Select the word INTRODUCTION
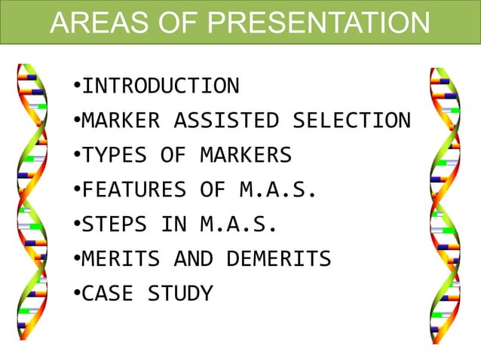tap(160, 86)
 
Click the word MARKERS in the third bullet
tap(246, 155)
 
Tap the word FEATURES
tap(133, 190)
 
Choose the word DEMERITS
tap(279, 259)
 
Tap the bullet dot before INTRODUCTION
tap(77, 86)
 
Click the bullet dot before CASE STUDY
tap(77, 294)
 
